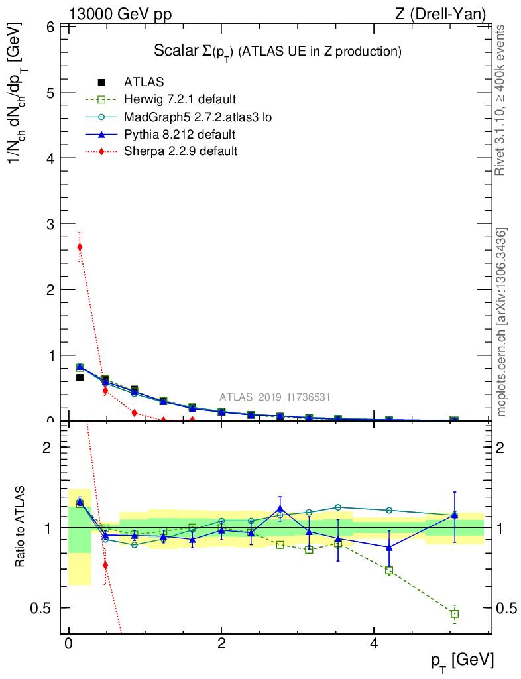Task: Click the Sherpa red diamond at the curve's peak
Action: pyautogui.click(x=80, y=247)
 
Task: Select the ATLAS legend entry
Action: pyautogui.click(x=144, y=82)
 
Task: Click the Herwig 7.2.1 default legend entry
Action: pyautogui.click(x=180, y=100)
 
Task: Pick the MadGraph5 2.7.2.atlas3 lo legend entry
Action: pyautogui.click(x=198, y=117)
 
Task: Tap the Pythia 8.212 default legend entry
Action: pyautogui.click(x=180, y=135)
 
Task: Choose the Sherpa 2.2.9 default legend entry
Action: pyautogui.click(x=180, y=151)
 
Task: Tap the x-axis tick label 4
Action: pyautogui.click(x=374, y=645)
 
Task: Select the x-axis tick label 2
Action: pyautogui.click(x=221, y=645)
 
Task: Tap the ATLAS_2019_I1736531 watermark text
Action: pyautogui.click(x=275, y=397)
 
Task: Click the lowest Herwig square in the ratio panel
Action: pyautogui.click(x=454, y=614)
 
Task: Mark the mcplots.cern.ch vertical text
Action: pyautogui.click(x=502, y=322)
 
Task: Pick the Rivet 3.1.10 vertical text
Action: pyautogui.click(x=502, y=99)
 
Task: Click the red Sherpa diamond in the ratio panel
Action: pyautogui.click(x=105, y=565)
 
